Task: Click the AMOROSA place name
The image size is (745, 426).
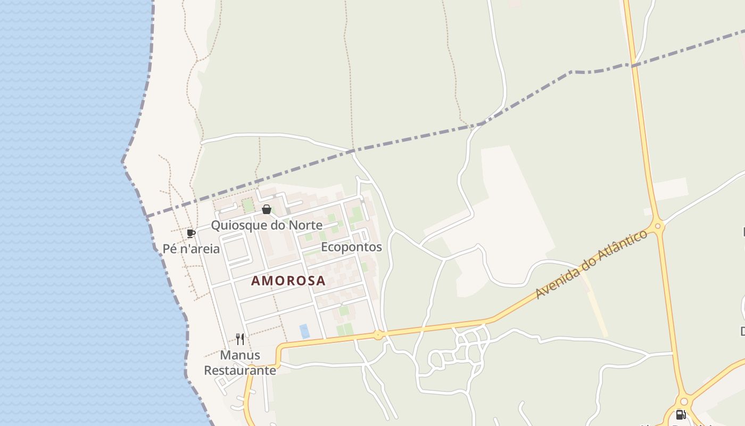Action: point(288,281)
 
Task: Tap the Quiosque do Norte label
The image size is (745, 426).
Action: point(267,225)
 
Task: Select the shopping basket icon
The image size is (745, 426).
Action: point(267,209)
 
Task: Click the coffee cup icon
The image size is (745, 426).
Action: point(191,233)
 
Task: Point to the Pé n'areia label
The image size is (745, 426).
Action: point(191,249)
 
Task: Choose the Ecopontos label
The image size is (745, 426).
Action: point(351,247)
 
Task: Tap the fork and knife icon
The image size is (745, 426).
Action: point(240,339)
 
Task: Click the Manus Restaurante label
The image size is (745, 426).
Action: point(240,363)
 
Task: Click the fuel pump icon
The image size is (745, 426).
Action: point(681,415)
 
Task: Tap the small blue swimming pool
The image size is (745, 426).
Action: point(304,331)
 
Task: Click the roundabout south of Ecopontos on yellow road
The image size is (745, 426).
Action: point(378,335)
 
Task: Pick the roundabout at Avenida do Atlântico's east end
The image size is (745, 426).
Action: point(658,226)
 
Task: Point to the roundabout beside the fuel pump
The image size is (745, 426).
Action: point(684,401)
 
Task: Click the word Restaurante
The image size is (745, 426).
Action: point(240,370)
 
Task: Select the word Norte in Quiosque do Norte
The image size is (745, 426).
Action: point(305,225)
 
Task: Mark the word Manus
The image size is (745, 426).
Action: point(240,355)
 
